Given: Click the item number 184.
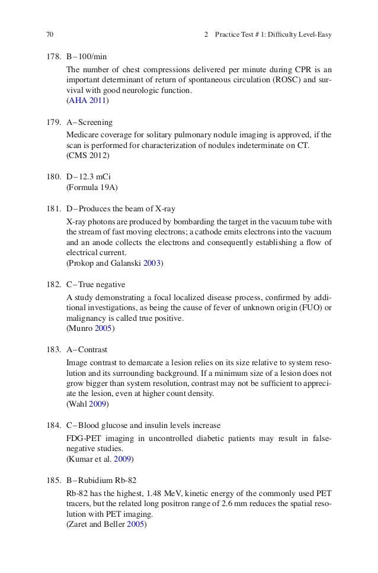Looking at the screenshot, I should (x=56, y=426).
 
